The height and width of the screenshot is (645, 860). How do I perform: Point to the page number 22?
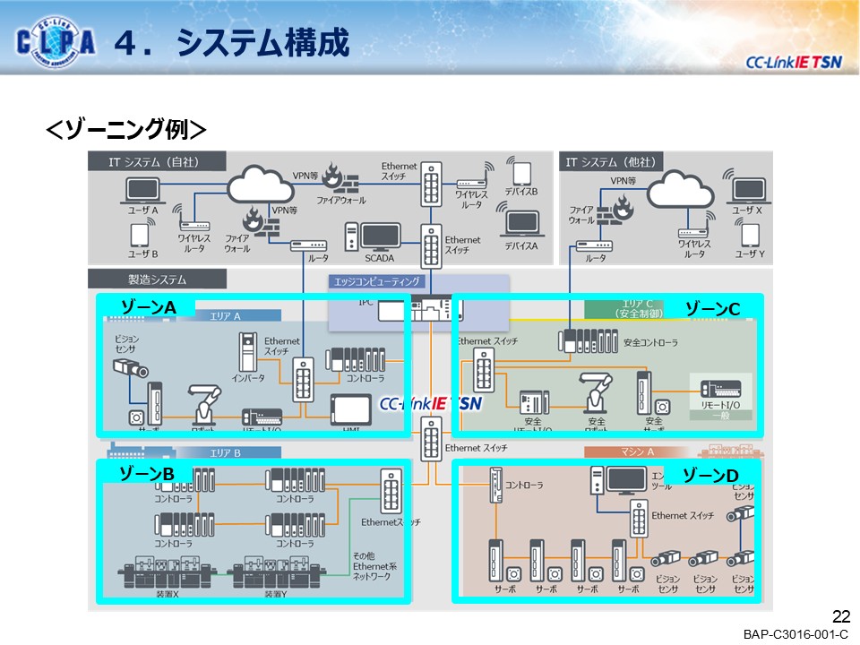pos(840,616)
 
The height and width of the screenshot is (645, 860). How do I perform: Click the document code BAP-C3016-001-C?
pos(795,634)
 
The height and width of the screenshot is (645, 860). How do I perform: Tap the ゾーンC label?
pos(712,308)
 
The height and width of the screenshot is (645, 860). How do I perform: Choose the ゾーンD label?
pos(711,474)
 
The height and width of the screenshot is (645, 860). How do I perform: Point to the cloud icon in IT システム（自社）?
pos(260,185)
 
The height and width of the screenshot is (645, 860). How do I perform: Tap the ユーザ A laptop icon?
pos(142,190)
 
